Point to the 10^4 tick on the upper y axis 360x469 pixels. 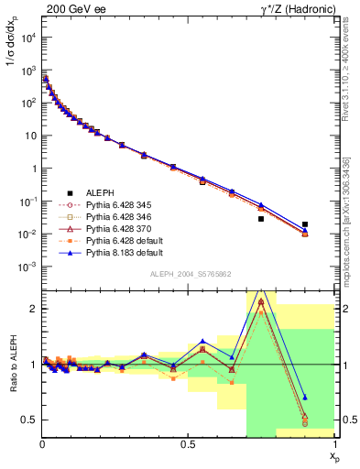coord(27,38)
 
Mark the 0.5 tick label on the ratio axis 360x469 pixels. coord(30,420)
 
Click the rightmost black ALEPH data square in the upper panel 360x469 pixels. coord(305,224)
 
